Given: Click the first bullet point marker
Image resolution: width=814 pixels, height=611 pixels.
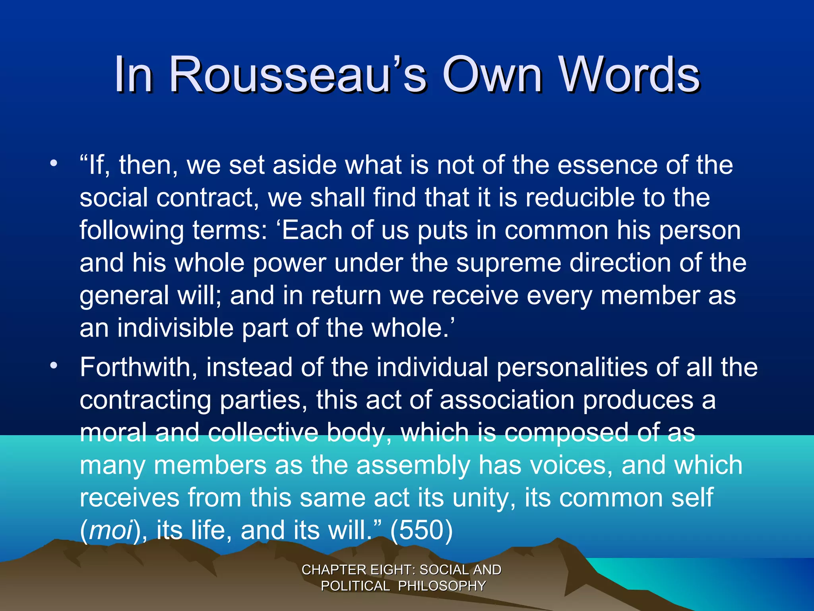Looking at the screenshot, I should pyautogui.click(x=54, y=163).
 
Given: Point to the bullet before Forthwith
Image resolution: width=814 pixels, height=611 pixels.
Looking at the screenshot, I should pyautogui.click(x=54, y=365).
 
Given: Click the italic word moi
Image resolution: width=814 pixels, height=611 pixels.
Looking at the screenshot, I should pyautogui.click(x=111, y=531).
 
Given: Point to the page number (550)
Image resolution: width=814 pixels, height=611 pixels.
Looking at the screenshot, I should pyautogui.click(x=422, y=531).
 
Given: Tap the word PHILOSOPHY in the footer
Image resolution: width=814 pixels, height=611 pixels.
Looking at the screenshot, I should pyautogui.click(x=442, y=586).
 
